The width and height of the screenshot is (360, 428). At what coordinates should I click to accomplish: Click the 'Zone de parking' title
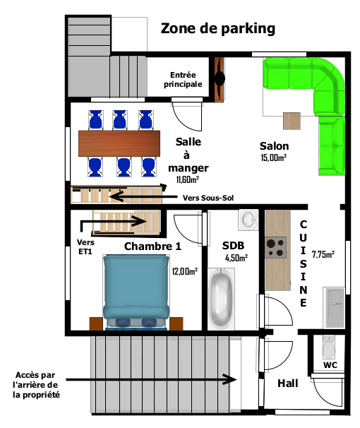point(218,29)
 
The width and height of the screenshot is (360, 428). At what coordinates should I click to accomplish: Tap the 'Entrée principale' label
point(183,79)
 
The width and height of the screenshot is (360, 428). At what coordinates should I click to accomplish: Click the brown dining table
point(119,143)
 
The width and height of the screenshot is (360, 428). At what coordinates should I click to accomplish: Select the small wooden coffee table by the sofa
point(292,121)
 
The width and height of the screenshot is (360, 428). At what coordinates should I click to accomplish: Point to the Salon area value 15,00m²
point(274,157)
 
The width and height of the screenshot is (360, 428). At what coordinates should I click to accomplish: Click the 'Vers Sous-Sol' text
point(208,198)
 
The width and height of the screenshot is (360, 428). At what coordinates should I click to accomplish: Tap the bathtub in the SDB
point(221,299)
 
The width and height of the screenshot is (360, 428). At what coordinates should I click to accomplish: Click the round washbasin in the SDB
point(248,219)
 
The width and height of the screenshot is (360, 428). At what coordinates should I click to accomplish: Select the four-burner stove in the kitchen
point(275,248)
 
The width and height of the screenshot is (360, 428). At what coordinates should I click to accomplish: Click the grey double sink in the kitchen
point(334,307)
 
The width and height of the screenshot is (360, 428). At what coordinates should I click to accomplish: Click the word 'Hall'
point(288,384)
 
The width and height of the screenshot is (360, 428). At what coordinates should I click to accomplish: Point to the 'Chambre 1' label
point(152,246)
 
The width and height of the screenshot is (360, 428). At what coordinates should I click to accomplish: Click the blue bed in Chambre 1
point(136,292)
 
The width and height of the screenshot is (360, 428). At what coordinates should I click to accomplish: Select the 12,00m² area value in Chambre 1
point(185,271)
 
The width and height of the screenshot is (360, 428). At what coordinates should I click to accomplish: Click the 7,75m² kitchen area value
point(323,254)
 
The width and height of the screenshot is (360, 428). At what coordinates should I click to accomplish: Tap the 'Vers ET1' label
point(85,246)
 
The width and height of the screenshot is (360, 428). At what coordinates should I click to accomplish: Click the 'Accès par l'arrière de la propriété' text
point(36,385)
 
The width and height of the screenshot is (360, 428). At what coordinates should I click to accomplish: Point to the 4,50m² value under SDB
point(236,258)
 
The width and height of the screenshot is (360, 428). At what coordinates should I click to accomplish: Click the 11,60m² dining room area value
point(187,179)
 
